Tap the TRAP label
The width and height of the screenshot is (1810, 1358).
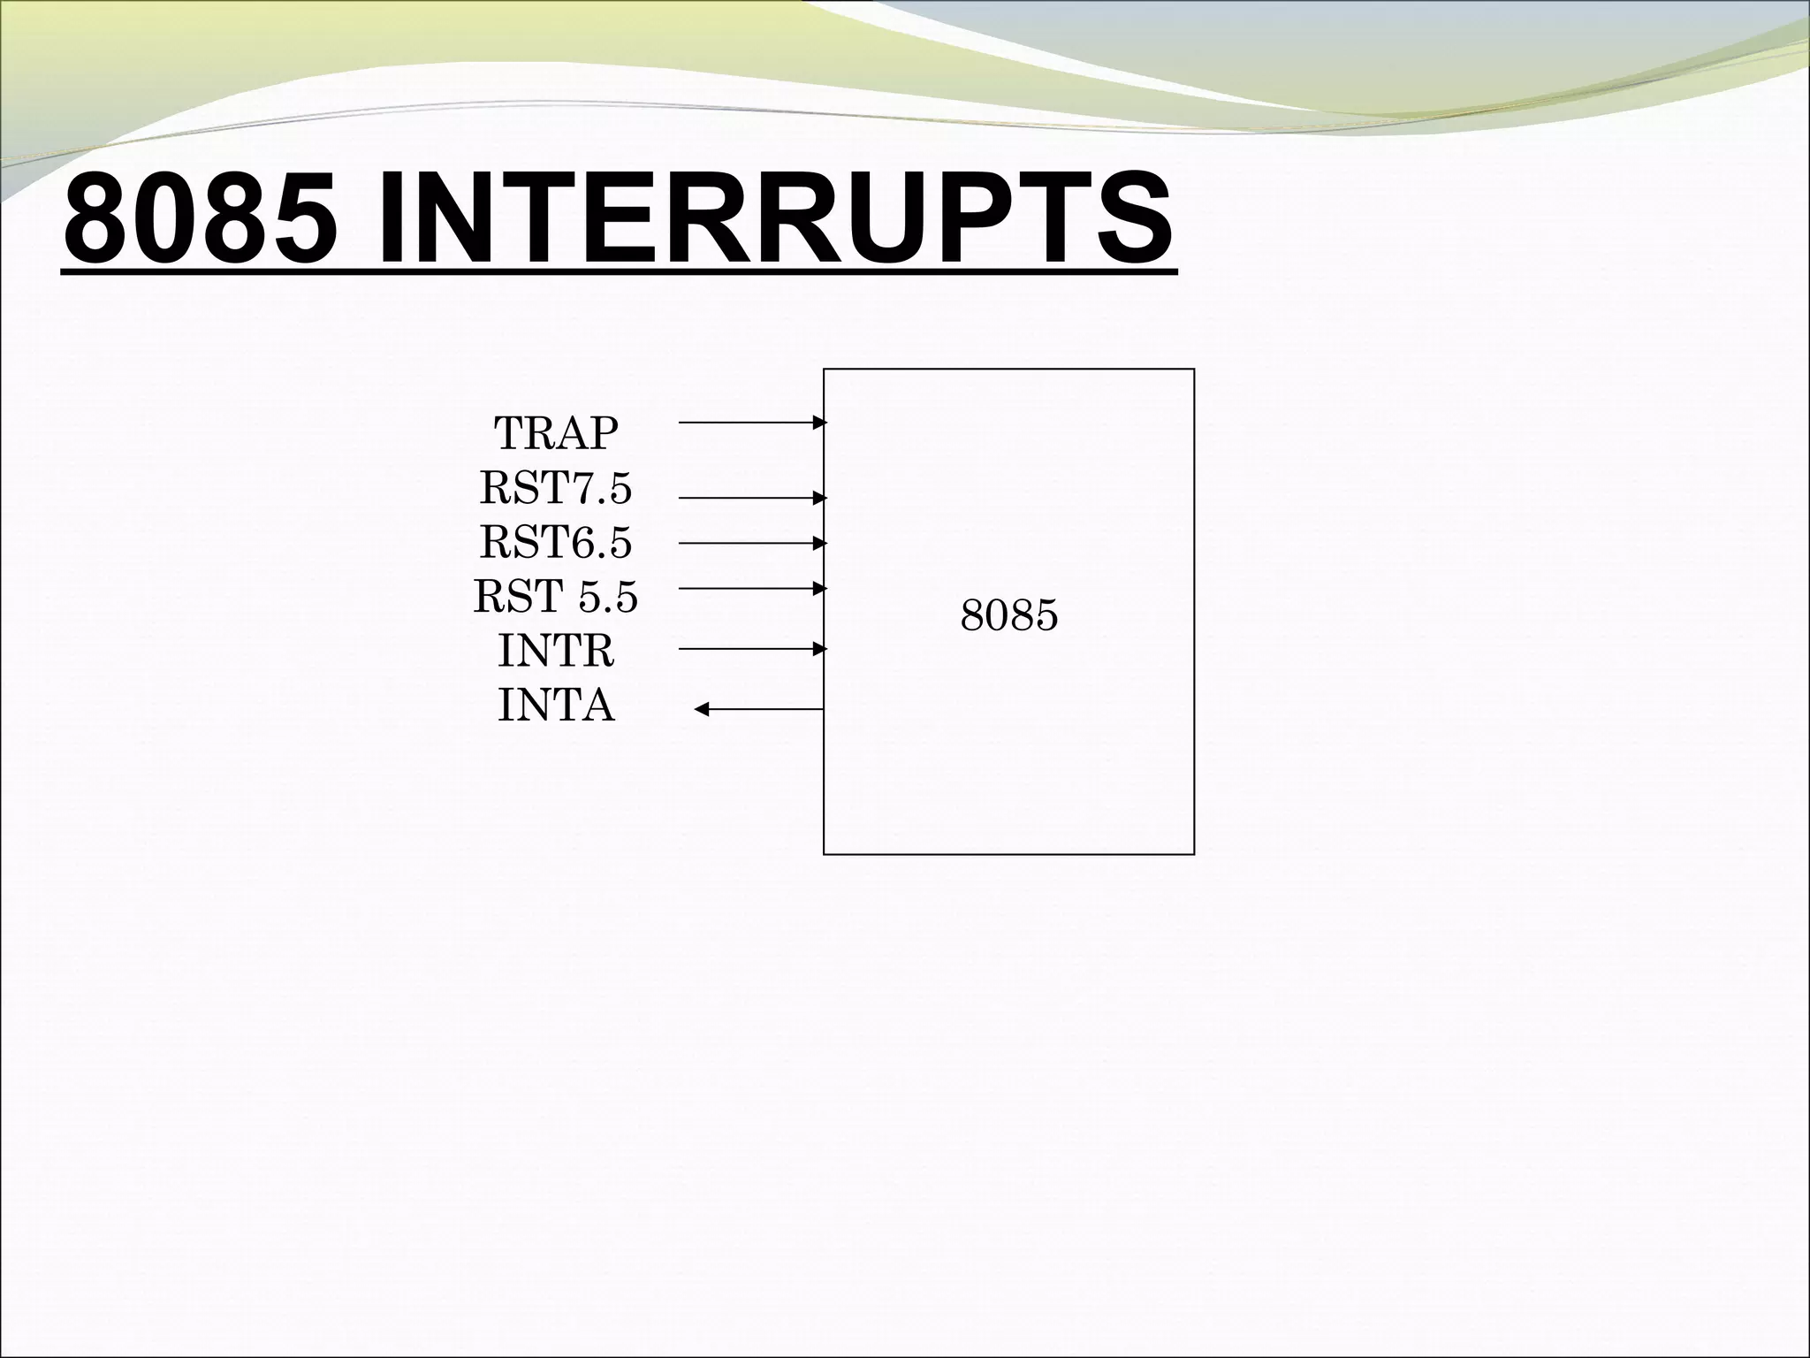coord(555,433)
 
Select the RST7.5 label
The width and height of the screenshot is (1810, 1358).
coord(555,488)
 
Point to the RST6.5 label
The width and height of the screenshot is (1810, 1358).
coord(555,542)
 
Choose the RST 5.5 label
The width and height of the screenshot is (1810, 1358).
coord(555,597)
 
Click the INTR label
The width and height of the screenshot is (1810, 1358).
coord(555,652)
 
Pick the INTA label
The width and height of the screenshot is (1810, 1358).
coord(555,706)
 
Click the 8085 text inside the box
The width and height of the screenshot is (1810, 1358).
coord(1008,615)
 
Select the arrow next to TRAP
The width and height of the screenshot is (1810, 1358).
coord(751,423)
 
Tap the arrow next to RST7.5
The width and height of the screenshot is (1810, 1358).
coord(751,498)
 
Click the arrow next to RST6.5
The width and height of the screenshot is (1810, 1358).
coord(751,543)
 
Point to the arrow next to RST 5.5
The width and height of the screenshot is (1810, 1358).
coord(751,588)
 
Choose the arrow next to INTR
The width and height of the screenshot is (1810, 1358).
coord(751,649)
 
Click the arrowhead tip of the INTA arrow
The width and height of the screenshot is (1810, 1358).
coord(698,709)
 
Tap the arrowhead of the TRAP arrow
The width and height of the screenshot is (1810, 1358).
coord(821,423)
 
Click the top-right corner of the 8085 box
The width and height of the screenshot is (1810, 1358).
coord(1194,370)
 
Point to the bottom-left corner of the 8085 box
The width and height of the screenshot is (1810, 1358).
coord(824,854)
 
